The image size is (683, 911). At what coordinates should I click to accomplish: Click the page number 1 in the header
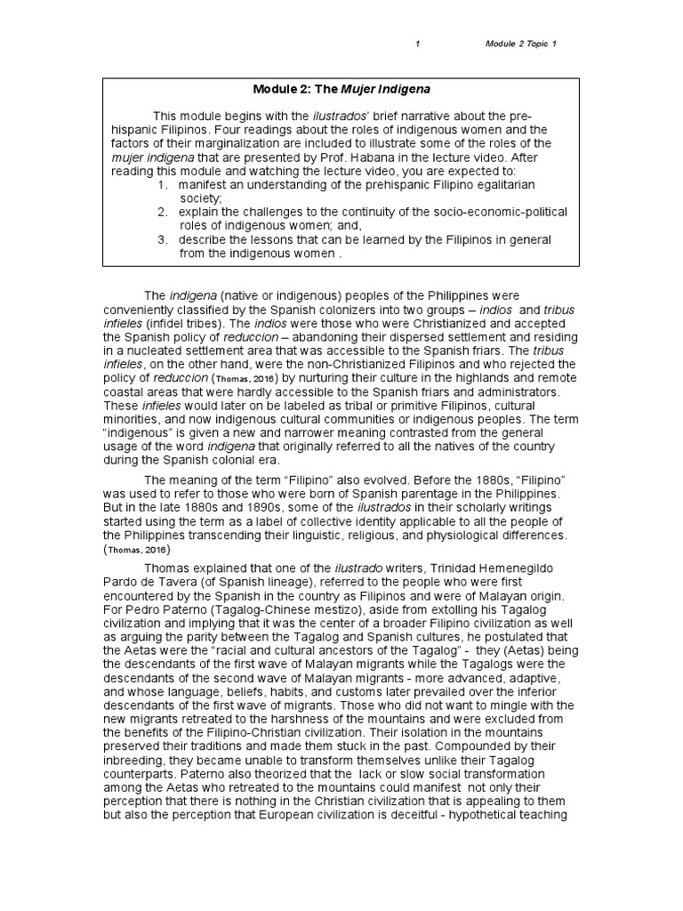click(417, 44)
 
